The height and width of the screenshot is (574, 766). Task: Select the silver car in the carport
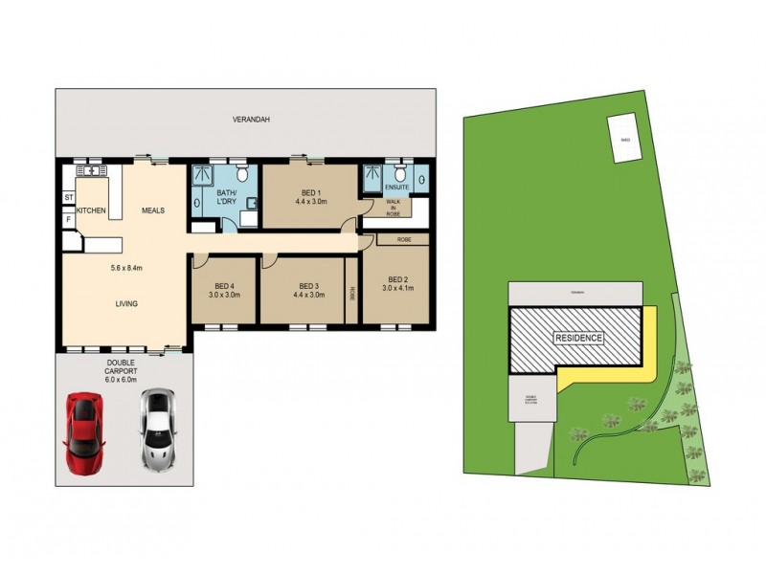[157, 430]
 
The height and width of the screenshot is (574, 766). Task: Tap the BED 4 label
[224, 286]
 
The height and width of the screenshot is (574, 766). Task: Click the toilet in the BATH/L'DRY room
[243, 173]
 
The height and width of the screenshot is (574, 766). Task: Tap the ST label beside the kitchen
[69, 198]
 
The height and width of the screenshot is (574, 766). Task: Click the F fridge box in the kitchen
[69, 219]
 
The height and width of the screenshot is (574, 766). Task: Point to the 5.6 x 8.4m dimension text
[125, 269]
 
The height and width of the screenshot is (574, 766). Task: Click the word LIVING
[125, 304]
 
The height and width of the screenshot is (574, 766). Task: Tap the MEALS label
[155, 210]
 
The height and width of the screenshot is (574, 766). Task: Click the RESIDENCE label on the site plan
[579, 339]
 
